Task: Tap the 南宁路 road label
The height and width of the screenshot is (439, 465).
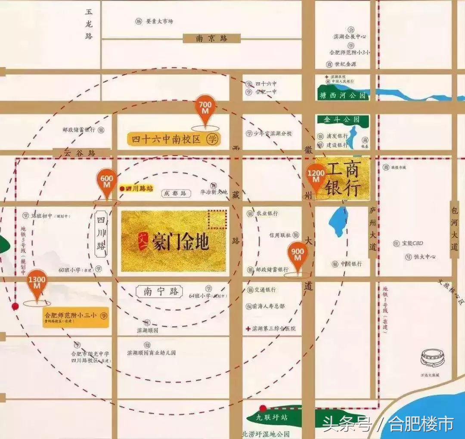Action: tap(159, 292)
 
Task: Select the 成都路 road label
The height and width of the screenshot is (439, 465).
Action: tap(176, 194)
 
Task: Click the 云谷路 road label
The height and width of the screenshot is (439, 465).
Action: tap(81, 152)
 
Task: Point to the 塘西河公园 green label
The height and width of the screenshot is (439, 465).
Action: tap(343, 96)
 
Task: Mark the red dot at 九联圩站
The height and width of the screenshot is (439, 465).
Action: tap(262, 408)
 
